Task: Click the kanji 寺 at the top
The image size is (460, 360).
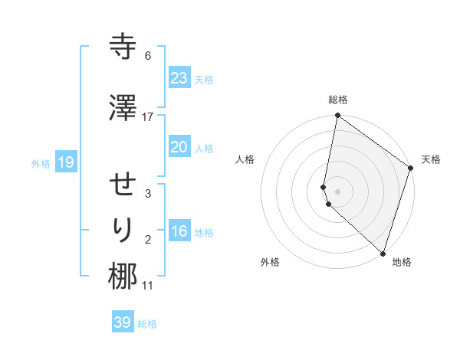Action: click(x=123, y=47)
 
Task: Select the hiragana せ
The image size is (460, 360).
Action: click(x=123, y=185)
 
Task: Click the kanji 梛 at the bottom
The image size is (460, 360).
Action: click(x=123, y=277)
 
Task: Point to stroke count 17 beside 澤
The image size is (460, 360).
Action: click(x=148, y=116)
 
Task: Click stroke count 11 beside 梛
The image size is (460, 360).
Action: click(x=148, y=286)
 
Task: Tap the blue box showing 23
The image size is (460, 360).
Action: click(x=179, y=77)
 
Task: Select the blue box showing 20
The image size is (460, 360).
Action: click(x=179, y=147)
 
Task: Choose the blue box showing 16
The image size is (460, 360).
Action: click(x=179, y=231)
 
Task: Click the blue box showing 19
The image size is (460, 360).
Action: click(x=65, y=162)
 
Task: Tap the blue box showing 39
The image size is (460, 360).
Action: click(x=123, y=322)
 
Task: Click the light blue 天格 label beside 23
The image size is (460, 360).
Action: click(x=204, y=80)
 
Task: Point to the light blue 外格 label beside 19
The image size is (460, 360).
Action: click(x=40, y=163)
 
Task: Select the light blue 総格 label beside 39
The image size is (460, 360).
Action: click(x=147, y=324)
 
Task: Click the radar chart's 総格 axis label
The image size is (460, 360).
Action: click(x=338, y=100)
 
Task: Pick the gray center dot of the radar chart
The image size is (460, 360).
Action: click(x=338, y=191)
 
